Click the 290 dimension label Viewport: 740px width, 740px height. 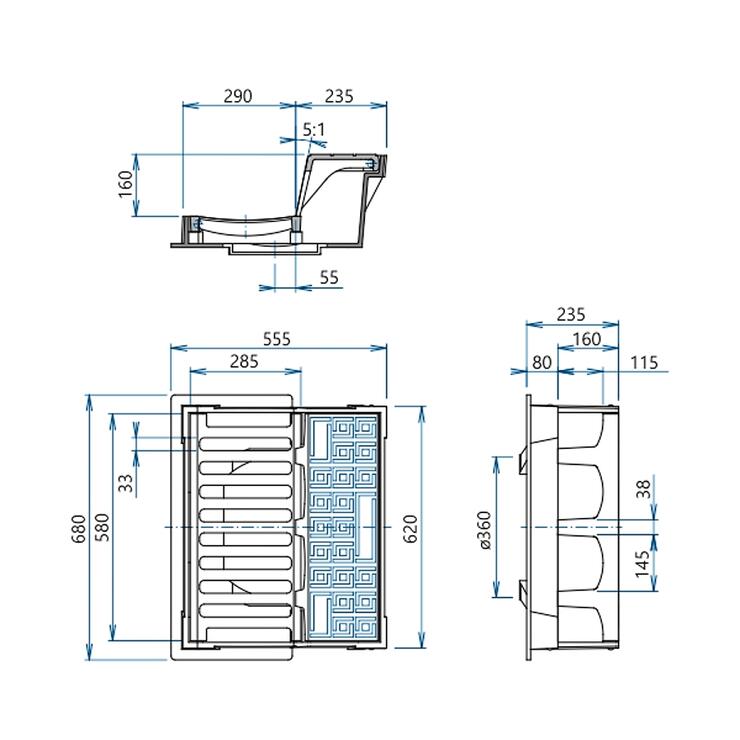238,96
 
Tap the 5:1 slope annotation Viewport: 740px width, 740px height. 314,129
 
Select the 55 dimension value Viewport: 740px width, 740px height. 329,277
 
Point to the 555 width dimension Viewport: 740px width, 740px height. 277,339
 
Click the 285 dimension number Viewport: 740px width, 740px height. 244,361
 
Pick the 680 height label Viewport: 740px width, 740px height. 80,529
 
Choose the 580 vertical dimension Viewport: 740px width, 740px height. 104,527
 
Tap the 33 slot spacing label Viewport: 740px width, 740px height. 126,483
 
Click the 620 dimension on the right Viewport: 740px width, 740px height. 411,529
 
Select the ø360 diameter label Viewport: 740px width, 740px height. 485,530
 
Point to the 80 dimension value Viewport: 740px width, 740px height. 542,362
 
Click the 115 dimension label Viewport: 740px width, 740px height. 644,362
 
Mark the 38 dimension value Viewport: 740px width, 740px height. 644,488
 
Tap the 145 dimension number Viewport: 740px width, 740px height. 642,564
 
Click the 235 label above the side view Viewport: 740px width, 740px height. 571,314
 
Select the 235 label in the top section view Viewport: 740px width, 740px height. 339,96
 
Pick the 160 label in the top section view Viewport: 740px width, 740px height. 125,185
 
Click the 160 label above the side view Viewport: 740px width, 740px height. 587,339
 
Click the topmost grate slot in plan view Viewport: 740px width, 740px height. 248,420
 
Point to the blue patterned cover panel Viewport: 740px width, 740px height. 343,527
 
